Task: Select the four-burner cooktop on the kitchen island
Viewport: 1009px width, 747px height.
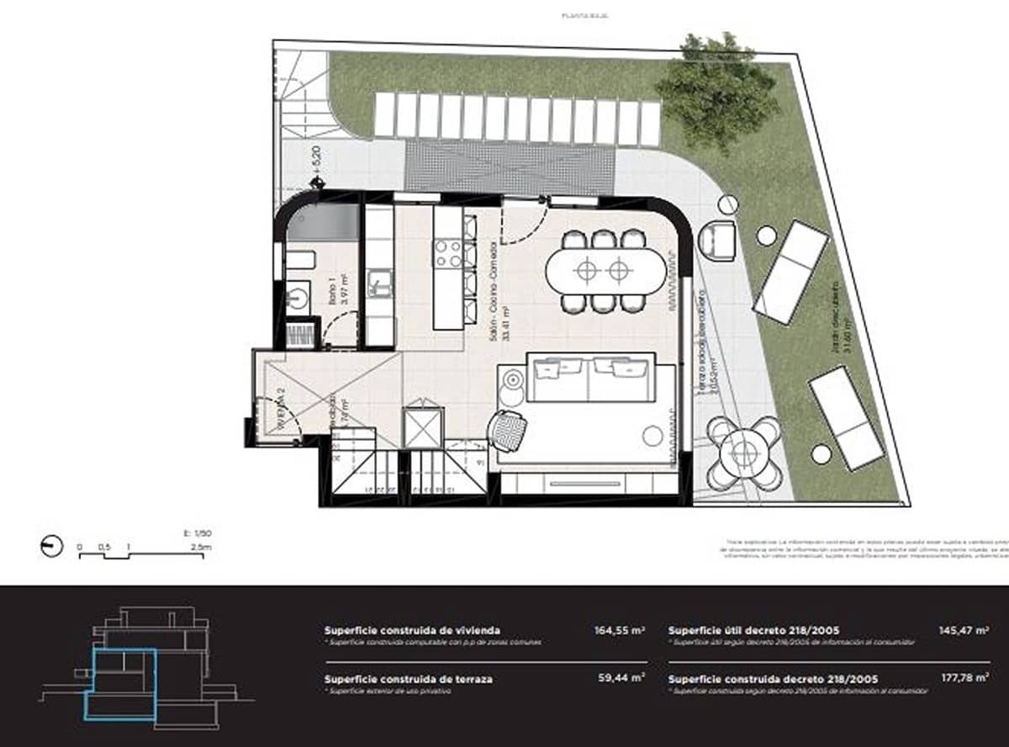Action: pyautogui.click(x=447, y=253)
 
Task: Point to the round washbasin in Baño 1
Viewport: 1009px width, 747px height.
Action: pyautogui.click(x=298, y=296)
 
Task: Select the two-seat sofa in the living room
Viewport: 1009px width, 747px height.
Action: pyautogui.click(x=588, y=378)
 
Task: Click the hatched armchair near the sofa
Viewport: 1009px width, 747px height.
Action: pyautogui.click(x=509, y=432)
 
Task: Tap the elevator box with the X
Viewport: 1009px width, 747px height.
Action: pyautogui.click(x=422, y=427)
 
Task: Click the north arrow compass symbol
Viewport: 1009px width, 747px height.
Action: pyautogui.click(x=51, y=546)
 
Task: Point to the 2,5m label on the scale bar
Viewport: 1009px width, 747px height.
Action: pyautogui.click(x=201, y=548)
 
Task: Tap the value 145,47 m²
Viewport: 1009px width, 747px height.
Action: pyautogui.click(x=963, y=629)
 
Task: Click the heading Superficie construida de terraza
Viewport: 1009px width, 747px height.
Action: pyautogui.click(x=408, y=678)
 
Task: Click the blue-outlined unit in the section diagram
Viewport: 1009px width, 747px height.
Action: pyautogui.click(x=121, y=682)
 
